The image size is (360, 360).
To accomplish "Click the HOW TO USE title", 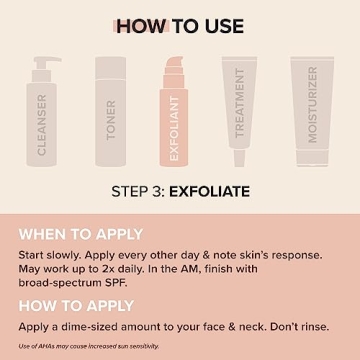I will (x=179, y=25).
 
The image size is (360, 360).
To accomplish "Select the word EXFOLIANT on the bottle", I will (x=174, y=135).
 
